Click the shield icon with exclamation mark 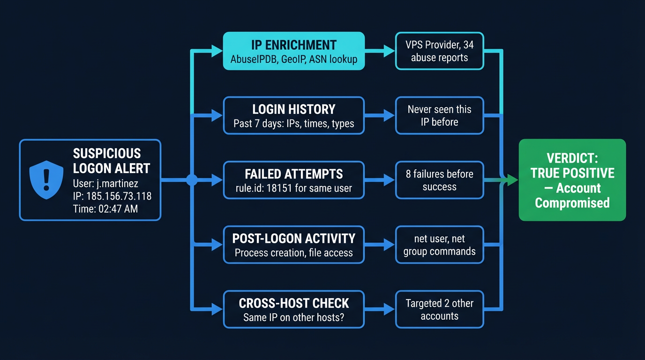(46, 180)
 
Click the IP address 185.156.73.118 (119, 196)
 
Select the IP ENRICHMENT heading (294, 45)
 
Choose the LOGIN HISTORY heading (294, 109)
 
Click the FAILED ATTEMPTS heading (294, 174)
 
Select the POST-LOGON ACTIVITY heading (294, 238)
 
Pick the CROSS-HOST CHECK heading (294, 303)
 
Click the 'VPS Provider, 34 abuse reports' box (439, 51)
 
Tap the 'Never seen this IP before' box (439, 116)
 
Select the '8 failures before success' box (439, 180)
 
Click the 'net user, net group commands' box (439, 245)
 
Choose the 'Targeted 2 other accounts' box (439, 309)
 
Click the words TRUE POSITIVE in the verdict (572, 173)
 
